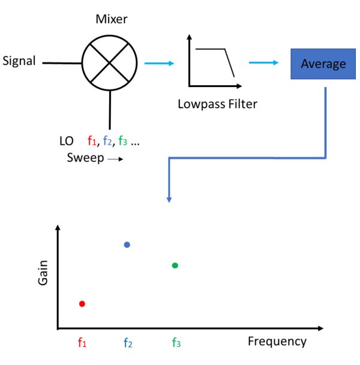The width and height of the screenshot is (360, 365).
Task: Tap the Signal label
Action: (x=19, y=61)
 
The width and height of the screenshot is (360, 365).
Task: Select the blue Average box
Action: (x=323, y=64)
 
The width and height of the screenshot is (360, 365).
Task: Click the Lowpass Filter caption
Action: (x=217, y=104)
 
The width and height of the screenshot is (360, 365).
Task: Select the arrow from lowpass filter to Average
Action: (x=264, y=62)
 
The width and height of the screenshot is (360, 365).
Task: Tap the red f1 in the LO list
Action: (x=92, y=142)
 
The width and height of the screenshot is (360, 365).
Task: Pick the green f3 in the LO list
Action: (x=122, y=142)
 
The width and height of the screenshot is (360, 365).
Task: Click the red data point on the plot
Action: (x=82, y=304)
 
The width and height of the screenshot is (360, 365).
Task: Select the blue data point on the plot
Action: (x=127, y=244)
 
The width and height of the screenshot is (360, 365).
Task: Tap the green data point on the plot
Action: (x=175, y=265)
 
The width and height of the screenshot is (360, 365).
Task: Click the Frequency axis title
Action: (x=277, y=342)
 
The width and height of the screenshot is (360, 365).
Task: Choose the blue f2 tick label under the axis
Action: (x=128, y=343)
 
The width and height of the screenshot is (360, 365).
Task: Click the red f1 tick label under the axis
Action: (x=82, y=343)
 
